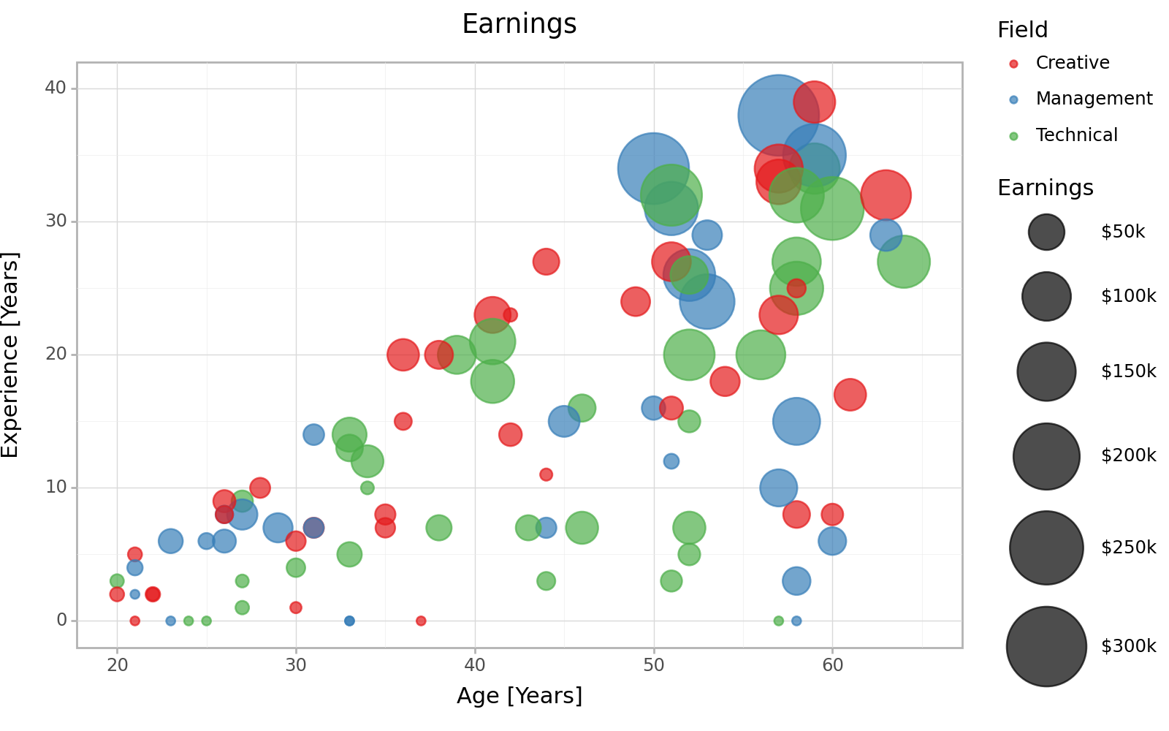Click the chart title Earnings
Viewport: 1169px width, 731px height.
point(519,24)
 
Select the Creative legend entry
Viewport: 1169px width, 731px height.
point(1072,63)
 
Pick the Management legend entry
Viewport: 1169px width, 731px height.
point(1094,99)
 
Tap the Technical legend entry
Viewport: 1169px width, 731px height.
point(1076,135)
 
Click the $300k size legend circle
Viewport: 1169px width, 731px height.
point(1046,646)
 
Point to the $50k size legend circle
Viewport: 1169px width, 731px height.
point(1046,232)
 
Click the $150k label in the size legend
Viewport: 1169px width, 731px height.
point(1128,371)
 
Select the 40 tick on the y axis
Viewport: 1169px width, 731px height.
point(56,88)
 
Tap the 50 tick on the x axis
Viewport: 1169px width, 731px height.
point(654,665)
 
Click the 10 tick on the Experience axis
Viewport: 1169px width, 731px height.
point(56,488)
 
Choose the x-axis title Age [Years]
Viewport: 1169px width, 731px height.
point(519,696)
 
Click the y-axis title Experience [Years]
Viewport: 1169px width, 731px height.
point(10,355)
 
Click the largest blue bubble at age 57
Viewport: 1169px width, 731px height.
point(778,115)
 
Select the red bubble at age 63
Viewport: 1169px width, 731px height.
point(886,195)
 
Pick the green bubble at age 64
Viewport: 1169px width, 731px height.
point(904,262)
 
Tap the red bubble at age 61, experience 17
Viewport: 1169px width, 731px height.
point(850,395)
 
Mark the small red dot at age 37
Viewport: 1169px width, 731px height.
point(421,621)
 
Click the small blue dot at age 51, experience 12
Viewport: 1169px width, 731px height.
point(671,461)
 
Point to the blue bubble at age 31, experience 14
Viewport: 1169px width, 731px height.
point(313,434)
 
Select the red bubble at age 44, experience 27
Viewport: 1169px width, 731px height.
point(546,262)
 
